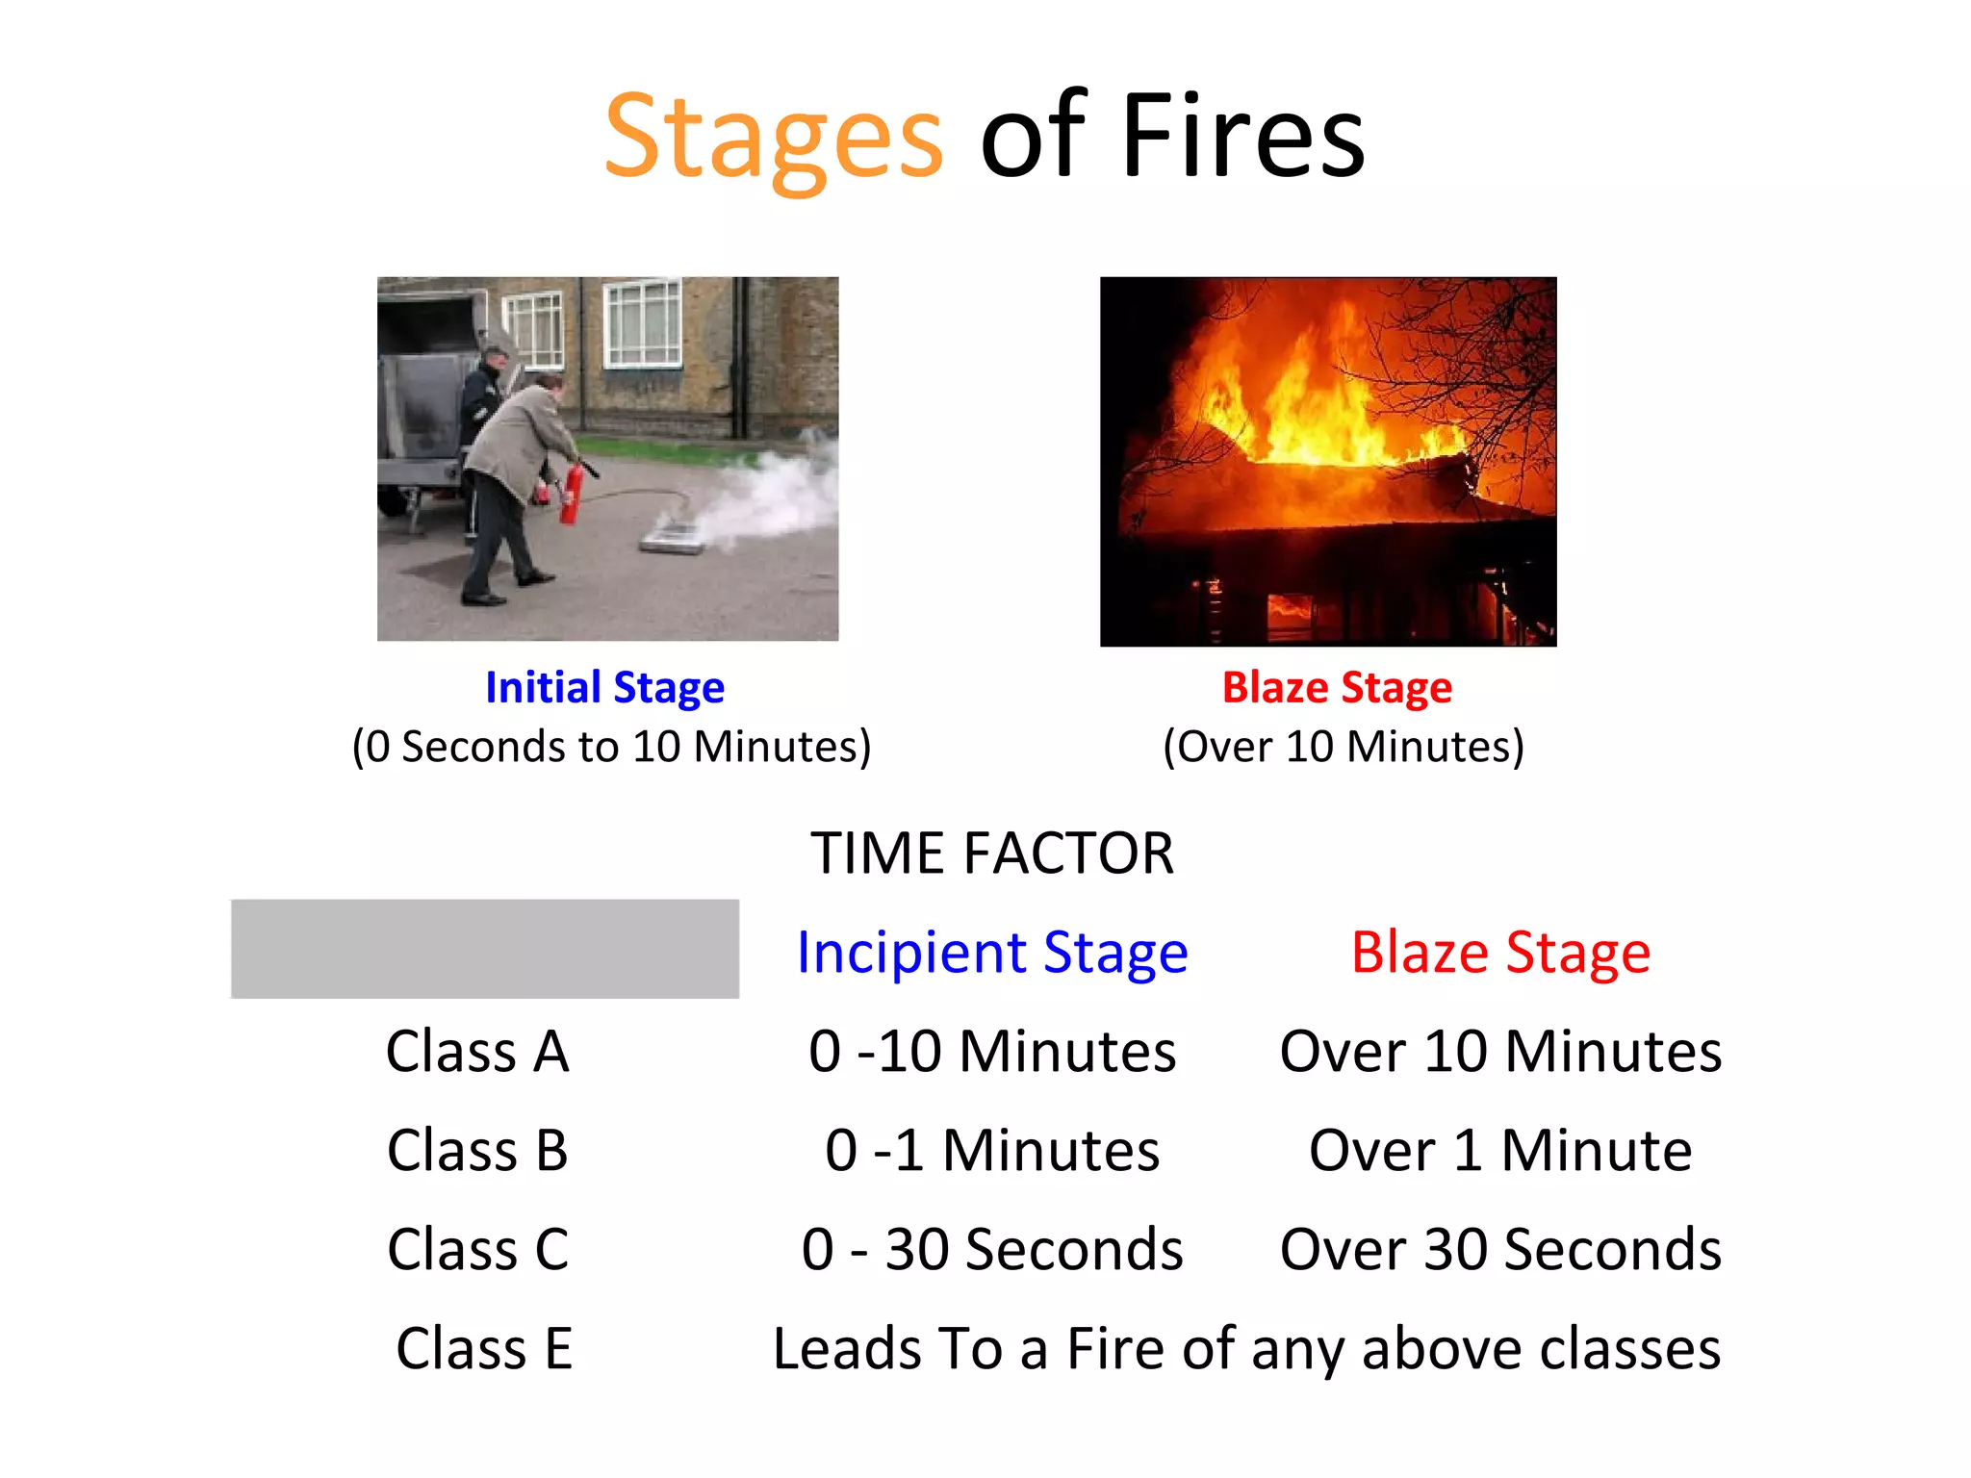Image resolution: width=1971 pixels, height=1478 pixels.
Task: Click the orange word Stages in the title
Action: coord(773,137)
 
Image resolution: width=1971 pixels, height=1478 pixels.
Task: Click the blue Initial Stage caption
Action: coord(604,687)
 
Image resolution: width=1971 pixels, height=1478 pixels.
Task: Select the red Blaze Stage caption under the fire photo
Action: coord(1337,687)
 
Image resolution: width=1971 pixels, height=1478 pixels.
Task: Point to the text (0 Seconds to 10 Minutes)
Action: coord(611,747)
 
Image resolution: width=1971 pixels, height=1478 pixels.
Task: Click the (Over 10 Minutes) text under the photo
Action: coord(1344,747)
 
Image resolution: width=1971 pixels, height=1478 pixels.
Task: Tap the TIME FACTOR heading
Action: coord(991,853)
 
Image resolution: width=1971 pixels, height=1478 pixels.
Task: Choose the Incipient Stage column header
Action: coord(992,953)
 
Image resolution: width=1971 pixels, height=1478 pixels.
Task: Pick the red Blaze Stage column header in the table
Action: coord(1500,953)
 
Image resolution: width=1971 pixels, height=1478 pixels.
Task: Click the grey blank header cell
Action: coord(485,949)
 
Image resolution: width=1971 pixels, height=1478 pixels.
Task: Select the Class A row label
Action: coord(478,1051)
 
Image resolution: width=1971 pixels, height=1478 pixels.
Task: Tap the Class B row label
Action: coord(478,1150)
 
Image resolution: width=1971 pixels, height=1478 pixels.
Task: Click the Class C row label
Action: coord(478,1249)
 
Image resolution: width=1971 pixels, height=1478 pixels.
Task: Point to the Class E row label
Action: coord(484,1348)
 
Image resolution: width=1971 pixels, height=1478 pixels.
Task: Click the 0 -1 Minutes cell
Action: coord(992,1150)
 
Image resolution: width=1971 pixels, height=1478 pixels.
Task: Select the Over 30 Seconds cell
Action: coord(1500,1249)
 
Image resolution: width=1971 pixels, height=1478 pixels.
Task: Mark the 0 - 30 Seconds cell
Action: coord(992,1249)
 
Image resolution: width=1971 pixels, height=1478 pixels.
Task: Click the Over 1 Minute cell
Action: coord(1500,1150)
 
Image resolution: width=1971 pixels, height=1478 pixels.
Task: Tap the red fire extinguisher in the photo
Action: coord(572,493)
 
